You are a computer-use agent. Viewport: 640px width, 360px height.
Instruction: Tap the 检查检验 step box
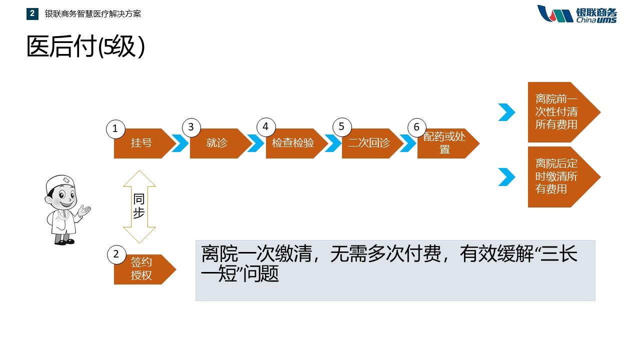(293, 143)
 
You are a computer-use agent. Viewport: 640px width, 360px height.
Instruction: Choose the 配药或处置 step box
(444, 143)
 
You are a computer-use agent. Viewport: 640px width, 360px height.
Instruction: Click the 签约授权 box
(141, 269)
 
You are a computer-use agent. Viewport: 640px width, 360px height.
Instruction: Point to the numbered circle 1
(115, 129)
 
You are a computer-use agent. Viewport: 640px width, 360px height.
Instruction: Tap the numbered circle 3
(191, 127)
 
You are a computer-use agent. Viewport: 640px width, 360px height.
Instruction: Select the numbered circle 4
(265, 127)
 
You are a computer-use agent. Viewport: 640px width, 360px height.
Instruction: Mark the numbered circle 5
(341, 127)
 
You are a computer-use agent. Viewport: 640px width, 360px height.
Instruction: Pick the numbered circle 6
(416, 127)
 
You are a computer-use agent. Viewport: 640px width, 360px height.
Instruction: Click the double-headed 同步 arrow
(139, 206)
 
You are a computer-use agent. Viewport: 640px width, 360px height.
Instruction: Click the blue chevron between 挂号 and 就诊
(180, 143)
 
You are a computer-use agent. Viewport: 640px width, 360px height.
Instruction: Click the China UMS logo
(577, 14)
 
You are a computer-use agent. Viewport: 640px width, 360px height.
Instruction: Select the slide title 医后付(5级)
(85, 47)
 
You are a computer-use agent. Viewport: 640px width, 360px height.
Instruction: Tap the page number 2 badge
(32, 14)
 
